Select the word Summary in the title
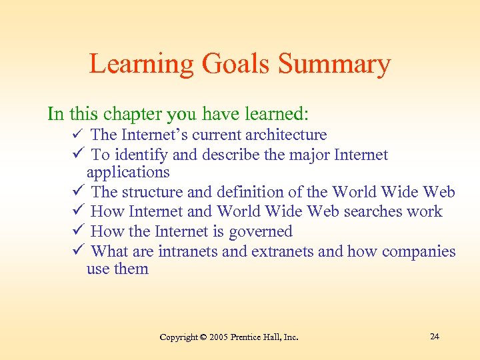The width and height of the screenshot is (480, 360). (x=334, y=65)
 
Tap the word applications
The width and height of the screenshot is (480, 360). (x=128, y=172)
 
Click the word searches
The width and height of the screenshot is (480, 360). (x=365, y=212)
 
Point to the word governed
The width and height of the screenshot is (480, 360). (x=261, y=232)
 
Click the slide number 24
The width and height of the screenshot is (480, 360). (x=434, y=336)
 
